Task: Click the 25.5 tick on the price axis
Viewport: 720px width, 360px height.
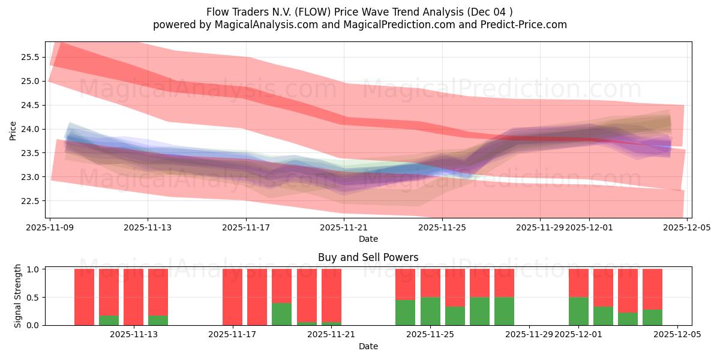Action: pos(31,57)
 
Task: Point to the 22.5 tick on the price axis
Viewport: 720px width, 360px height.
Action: pos(31,201)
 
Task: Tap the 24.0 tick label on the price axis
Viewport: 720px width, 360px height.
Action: pos(31,129)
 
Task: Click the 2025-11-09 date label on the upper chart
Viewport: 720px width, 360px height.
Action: pos(50,228)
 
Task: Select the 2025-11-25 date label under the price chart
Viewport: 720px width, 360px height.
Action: pos(442,228)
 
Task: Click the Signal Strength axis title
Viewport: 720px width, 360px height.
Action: pos(18,296)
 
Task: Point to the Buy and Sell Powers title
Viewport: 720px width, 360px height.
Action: pos(368,257)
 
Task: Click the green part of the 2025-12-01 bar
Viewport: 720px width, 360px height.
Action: pos(578,311)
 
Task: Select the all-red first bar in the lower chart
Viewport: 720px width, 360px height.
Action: pos(84,297)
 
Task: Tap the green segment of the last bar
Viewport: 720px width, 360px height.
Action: pos(652,317)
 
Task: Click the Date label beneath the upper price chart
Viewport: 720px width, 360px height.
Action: pos(368,239)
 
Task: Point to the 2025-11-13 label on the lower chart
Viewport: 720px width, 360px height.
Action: pos(133,335)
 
